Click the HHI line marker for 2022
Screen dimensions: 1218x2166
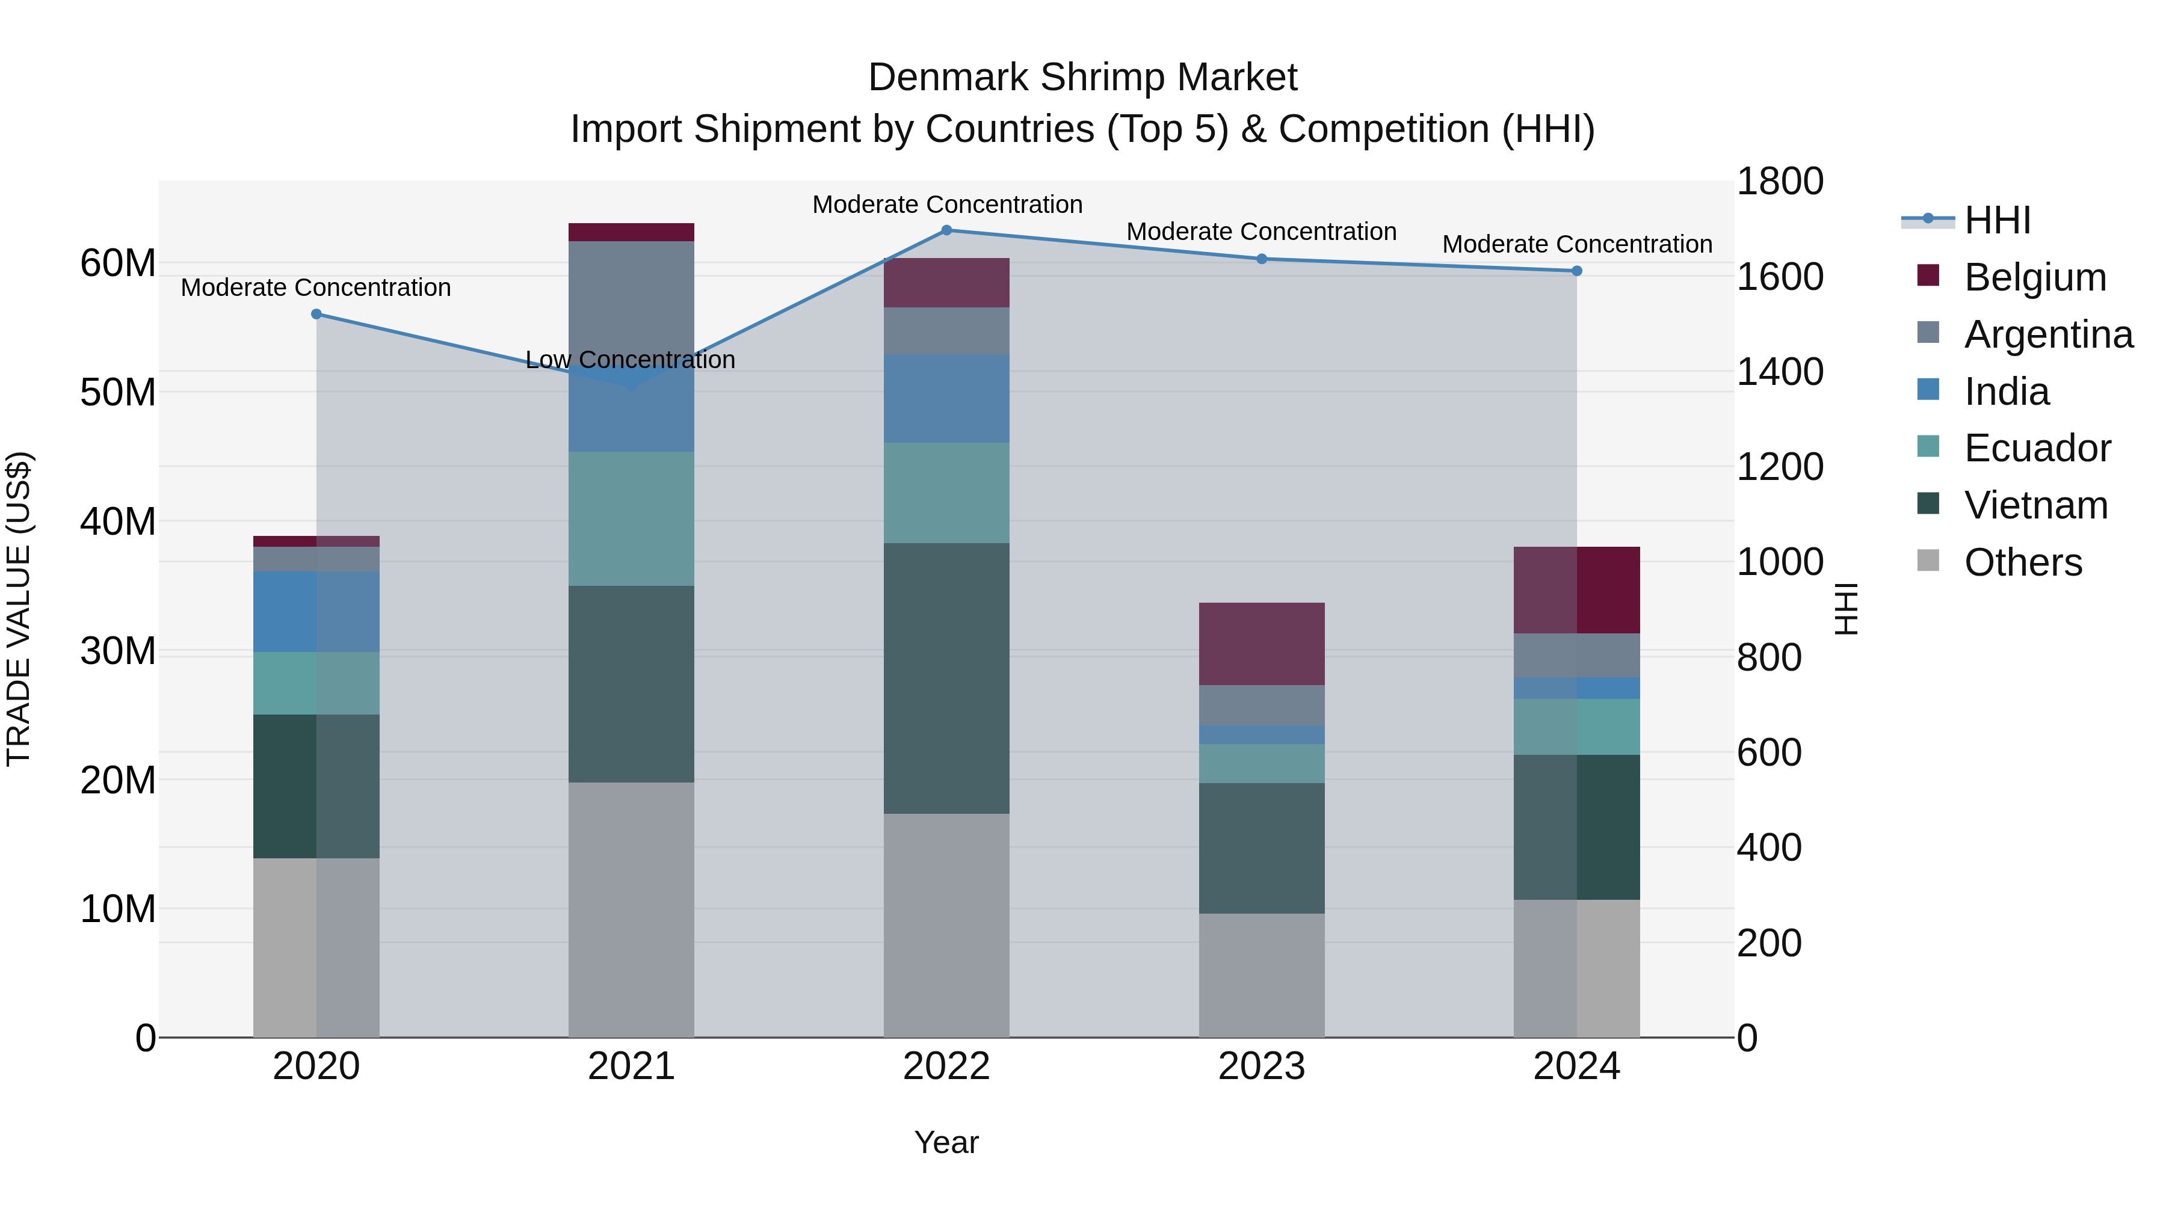946,230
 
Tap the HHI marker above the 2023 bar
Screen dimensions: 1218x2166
1261,259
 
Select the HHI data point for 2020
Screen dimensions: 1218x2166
316,315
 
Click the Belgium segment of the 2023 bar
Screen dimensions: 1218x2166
1261,644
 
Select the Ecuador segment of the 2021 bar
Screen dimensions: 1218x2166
632,518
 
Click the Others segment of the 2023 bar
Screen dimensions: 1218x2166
1261,975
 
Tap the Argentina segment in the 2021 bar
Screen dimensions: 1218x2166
632,294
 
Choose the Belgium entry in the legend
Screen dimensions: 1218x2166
2035,277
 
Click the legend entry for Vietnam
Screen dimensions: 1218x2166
2035,505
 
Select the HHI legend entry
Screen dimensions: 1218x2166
1997,220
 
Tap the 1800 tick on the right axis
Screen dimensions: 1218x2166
1779,182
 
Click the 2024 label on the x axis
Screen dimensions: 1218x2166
1576,1066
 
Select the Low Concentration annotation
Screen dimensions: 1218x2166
630,360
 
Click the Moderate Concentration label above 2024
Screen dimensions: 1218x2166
1576,245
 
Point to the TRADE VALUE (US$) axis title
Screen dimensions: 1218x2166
19,609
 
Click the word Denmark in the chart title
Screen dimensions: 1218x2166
948,78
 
